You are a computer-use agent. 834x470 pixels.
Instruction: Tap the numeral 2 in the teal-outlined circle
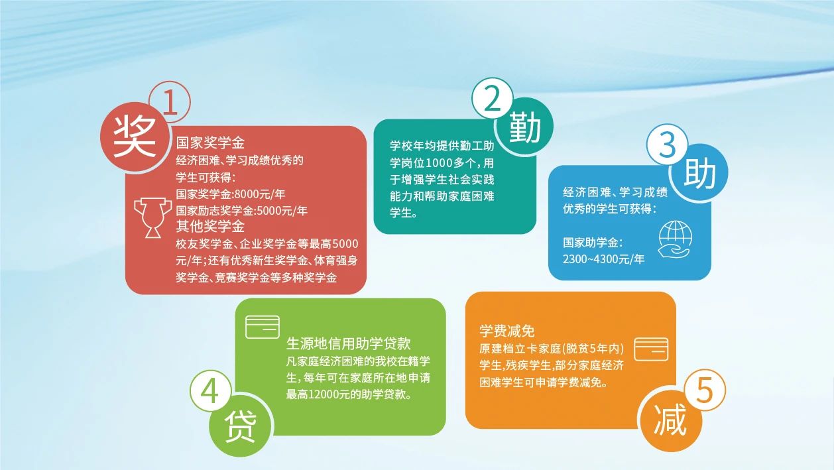pos(492,99)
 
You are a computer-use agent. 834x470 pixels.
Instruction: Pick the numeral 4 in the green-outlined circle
pos(209,391)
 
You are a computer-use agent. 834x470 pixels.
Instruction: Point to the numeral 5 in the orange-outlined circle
pos(704,390)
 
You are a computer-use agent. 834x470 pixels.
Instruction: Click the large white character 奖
pos(135,136)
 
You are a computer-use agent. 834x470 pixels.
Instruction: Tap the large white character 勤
pos(524,127)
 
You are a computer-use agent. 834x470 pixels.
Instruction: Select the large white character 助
pos(699,173)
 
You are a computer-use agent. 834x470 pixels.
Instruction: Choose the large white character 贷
pos(241,426)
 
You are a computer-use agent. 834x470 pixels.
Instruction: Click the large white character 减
pos(670,420)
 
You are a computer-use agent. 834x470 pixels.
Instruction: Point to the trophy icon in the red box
pos(152,217)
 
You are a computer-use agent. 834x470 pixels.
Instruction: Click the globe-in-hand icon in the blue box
pos(675,239)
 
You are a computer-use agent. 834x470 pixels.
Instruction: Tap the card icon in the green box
pos(263,327)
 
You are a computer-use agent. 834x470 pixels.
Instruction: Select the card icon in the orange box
pos(651,349)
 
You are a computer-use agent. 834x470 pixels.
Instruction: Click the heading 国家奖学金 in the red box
pos(210,143)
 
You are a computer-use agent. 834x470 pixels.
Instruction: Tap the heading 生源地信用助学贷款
pos(349,344)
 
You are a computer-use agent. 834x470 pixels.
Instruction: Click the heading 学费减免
pos(507,331)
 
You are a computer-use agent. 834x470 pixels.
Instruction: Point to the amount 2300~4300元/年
pos(603,259)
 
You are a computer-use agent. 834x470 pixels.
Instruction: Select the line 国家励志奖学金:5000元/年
pos(241,211)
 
